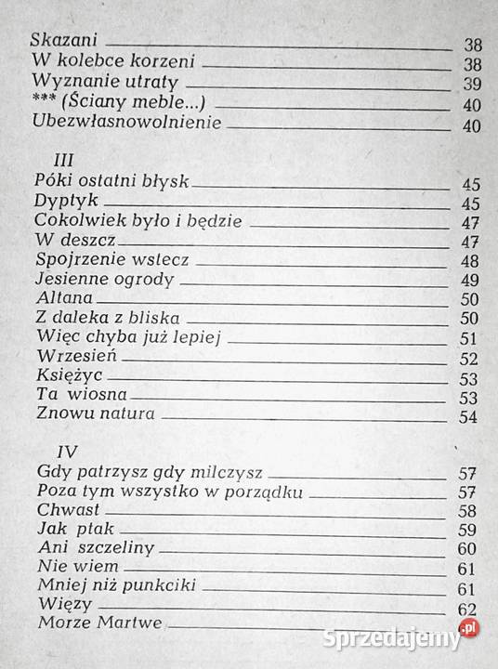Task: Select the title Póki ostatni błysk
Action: (111, 180)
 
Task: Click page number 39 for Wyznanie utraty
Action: (470, 84)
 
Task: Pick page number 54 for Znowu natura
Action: (468, 416)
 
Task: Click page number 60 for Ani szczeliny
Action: (466, 549)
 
